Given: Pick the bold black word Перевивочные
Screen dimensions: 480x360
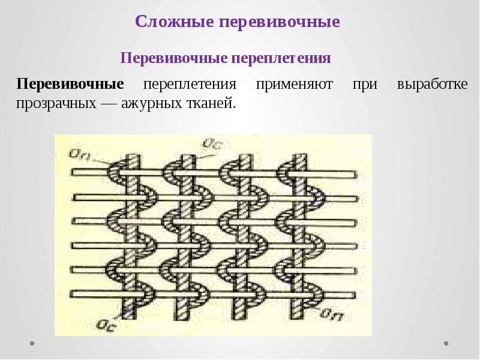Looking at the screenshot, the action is [x=70, y=84].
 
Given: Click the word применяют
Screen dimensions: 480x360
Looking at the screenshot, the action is [x=295, y=84].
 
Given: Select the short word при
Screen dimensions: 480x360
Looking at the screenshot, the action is [x=365, y=84].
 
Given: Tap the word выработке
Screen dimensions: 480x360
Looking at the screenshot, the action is [x=432, y=84].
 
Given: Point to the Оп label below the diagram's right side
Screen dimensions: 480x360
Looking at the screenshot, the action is [x=332, y=313].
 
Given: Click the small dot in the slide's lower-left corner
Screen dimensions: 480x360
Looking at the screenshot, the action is [x=32, y=344].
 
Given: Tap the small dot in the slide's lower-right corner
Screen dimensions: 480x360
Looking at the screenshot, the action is [x=445, y=344].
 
